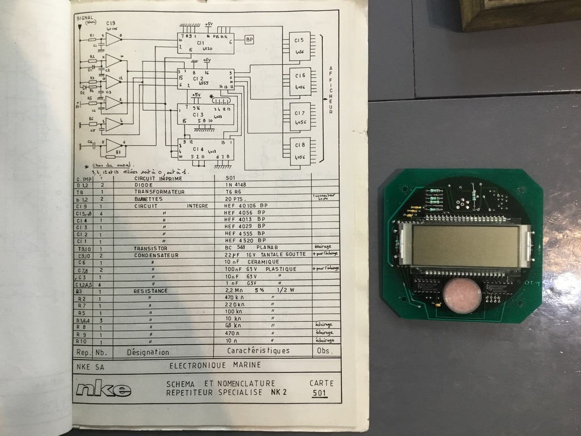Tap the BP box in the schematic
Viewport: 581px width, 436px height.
click(250, 39)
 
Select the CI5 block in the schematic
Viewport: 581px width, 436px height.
click(300, 46)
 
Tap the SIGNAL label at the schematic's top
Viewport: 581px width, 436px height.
click(85, 18)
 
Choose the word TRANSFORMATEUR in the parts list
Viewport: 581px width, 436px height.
click(160, 192)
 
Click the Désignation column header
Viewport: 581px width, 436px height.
click(148, 351)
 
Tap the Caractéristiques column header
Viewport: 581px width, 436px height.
click(258, 351)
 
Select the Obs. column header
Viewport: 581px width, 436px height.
click(325, 351)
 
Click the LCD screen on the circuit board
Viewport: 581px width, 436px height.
click(466, 246)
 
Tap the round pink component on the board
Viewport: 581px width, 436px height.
click(462, 295)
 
